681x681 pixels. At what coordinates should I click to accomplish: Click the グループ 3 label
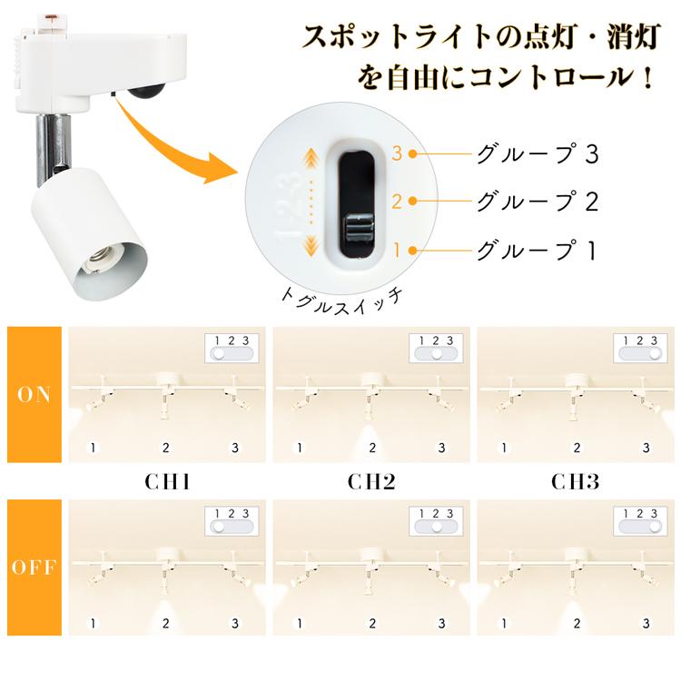click(x=537, y=153)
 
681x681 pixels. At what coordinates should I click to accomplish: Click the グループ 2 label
click(x=537, y=201)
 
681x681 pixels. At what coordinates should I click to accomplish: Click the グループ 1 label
click(x=537, y=248)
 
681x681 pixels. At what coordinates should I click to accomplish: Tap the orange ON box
click(x=34, y=394)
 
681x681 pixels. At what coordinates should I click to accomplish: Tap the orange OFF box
click(x=34, y=567)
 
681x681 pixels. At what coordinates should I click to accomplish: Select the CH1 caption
click(x=167, y=480)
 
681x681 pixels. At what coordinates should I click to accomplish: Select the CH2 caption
click(x=371, y=480)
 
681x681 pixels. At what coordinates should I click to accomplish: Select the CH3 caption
click(x=576, y=480)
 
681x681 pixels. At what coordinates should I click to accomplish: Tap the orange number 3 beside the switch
click(x=397, y=153)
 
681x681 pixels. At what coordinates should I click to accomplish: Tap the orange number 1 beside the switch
click(x=397, y=248)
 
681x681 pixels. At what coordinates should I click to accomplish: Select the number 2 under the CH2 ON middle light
click(x=371, y=447)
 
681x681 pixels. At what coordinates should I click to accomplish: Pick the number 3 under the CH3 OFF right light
click(x=646, y=623)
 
